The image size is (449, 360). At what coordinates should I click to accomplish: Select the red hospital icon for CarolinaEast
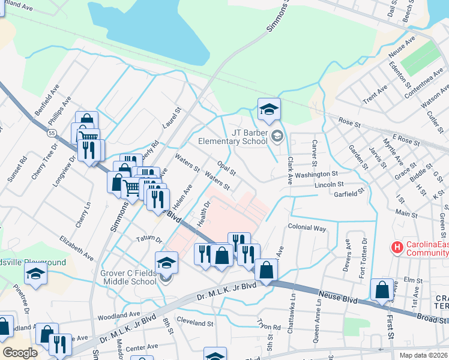[x=396, y=247]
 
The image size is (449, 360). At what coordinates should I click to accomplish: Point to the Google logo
[x=19, y=353]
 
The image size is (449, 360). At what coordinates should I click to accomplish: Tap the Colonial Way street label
[x=307, y=228]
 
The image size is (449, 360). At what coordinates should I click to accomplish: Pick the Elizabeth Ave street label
[x=76, y=247]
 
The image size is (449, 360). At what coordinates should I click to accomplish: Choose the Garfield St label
[x=349, y=193]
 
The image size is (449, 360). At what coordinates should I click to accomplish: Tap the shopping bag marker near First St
[x=382, y=290]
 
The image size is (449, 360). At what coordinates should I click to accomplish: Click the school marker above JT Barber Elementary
[x=269, y=109]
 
